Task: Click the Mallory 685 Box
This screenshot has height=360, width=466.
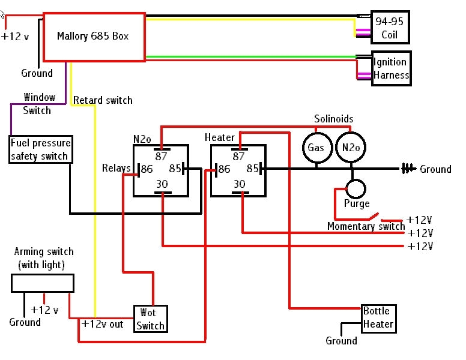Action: [93, 37]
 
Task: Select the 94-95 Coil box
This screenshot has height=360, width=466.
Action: [390, 28]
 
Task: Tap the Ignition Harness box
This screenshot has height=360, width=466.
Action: [390, 69]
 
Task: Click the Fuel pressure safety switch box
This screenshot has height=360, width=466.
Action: [41, 149]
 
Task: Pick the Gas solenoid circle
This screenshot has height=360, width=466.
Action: [316, 148]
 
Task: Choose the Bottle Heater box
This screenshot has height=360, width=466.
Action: [378, 318]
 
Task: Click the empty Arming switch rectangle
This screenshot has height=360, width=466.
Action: [43, 283]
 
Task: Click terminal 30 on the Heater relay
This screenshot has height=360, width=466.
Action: [239, 184]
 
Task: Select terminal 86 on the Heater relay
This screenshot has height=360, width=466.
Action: [223, 170]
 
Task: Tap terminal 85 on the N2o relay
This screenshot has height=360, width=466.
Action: [175, 169]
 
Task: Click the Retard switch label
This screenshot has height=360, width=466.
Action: [103, 100]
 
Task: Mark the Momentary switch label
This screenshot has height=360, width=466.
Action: [366, 226]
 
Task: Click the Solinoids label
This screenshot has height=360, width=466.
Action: [334, 119]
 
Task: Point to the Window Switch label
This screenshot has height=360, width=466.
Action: [38, 104]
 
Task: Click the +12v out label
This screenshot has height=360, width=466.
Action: [102, 324]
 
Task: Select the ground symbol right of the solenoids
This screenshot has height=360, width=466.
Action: [409, 169]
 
